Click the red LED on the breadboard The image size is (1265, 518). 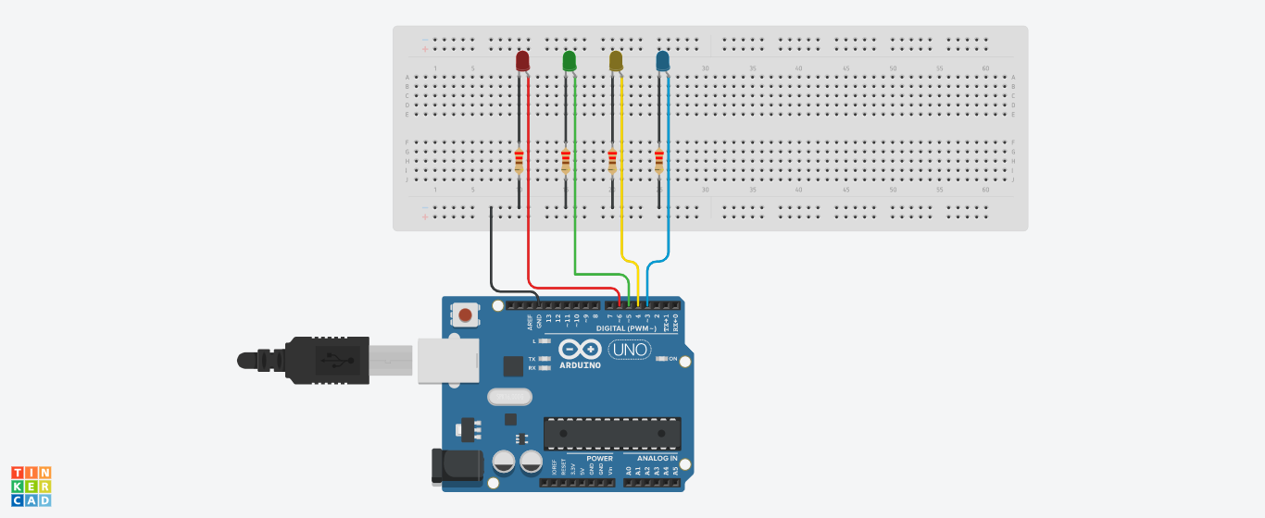522,61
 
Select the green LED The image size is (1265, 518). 570,61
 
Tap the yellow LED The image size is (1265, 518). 616,61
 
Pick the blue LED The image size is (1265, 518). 662,61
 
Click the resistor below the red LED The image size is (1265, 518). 519,162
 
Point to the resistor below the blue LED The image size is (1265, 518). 659,162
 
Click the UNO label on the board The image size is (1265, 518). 630,350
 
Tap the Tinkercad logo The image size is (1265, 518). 31,487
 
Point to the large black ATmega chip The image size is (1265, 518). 612,433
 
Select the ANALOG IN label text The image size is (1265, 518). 657,458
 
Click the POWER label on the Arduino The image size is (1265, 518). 599,458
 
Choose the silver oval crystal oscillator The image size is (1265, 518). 509,397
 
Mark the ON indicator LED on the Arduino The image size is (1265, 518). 661,359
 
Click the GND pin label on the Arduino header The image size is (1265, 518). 539,321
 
